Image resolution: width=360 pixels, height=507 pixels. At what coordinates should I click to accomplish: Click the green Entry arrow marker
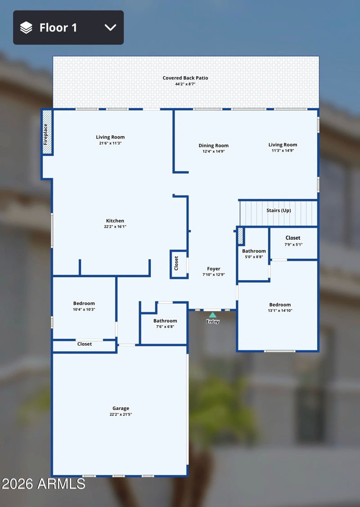click(x=212, y=315)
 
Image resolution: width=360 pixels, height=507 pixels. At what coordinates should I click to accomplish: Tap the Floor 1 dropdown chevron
click(x=110, y=27)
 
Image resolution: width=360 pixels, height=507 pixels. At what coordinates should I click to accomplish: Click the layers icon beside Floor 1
click(x=26, y=27)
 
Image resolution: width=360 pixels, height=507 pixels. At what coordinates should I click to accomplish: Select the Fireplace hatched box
click(x=47, y=132)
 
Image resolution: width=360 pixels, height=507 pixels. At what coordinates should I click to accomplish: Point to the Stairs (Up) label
click(x=279, y=211)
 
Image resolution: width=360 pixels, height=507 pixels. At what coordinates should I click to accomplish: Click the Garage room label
click(x=121, y=408)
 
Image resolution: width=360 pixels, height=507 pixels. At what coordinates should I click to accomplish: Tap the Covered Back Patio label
click(x=185, y=78)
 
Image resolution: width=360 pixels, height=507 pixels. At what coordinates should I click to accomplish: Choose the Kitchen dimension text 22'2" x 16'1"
click(x=115, y=227)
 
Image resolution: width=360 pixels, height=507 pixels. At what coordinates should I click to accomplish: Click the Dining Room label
click(x=213, y=145)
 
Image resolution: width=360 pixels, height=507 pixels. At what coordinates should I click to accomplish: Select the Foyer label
click(x=213, y=269)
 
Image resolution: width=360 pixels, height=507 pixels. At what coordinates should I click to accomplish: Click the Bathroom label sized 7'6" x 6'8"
click(x=165, y=321)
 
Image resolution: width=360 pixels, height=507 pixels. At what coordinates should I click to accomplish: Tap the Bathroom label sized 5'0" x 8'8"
click(x=254, y=251)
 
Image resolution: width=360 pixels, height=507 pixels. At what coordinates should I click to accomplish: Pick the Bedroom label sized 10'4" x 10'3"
click(x=84, y=303)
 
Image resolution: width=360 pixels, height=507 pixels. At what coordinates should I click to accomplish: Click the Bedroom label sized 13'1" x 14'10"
click(x=280, y=305)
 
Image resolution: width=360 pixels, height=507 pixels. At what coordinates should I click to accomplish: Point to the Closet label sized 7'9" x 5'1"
click(x=292, y=238)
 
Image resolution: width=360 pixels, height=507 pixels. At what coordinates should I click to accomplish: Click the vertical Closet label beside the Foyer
click(x=176, y=263)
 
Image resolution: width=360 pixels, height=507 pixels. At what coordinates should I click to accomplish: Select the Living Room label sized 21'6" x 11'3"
click(x=110, y=137)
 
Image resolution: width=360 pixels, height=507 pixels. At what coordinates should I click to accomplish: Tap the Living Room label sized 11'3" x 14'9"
click(x=283, y=145)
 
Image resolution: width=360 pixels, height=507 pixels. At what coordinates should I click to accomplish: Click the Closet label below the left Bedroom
click(x=85, y=344)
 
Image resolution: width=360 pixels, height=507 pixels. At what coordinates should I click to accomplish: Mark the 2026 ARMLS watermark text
click(x=43, y=484)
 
